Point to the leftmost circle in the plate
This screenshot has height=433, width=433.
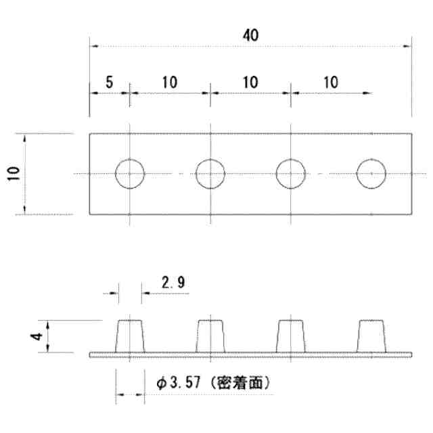coord(129,174)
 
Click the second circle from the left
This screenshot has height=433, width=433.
coord(210,174)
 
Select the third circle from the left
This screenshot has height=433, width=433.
coord(290,174)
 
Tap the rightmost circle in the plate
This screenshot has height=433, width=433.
coord(371,174)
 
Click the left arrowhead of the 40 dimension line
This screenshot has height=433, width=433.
coord(93,46)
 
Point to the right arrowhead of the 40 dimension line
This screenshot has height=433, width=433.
coord(408,46)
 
